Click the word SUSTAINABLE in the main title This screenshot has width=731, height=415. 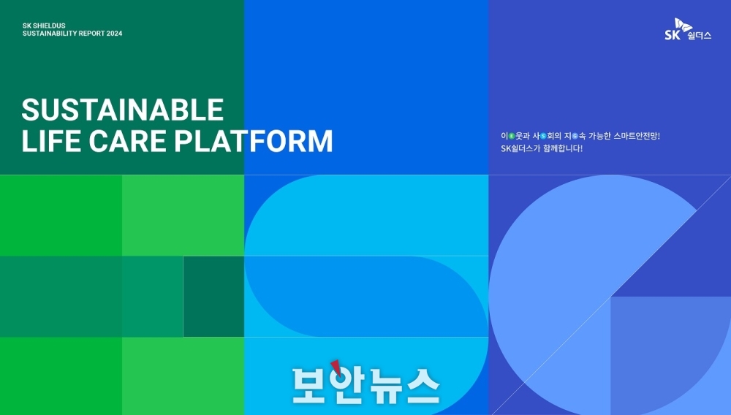(123, 110)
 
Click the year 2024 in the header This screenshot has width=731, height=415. (114, 34)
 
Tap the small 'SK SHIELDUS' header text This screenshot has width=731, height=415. (44, 26)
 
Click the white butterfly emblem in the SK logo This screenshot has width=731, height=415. (683, 25)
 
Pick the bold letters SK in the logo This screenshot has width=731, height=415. (673, 35)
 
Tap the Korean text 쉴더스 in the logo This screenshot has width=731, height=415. (700, 36)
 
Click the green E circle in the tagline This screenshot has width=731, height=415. (512, 136)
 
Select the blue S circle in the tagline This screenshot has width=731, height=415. (543, 136)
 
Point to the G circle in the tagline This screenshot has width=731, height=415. (575, 136)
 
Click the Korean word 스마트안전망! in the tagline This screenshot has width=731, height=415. (637, 136)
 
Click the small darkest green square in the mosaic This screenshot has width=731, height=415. (213, 296)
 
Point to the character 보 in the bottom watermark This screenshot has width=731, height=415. (309, 386)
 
